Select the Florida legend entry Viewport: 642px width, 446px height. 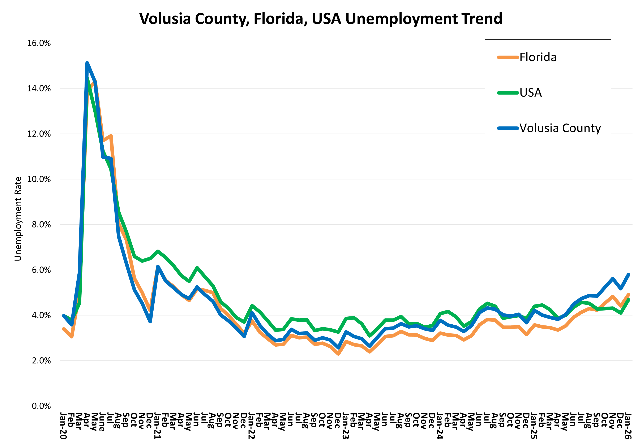click(x=538, y=57)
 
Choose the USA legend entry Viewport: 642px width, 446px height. click(x=530, y=93)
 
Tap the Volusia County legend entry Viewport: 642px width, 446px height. click(x=560, y=128)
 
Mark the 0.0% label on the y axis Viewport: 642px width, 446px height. click(x=41, y=406)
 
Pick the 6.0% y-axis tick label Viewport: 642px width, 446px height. click(x=41, y=270)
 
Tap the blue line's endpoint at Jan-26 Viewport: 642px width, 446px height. click(x=629, y=274)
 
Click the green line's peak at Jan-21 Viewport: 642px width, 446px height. click(x=158, y=251)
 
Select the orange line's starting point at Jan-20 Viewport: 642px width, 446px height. click(x=64, y=329)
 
